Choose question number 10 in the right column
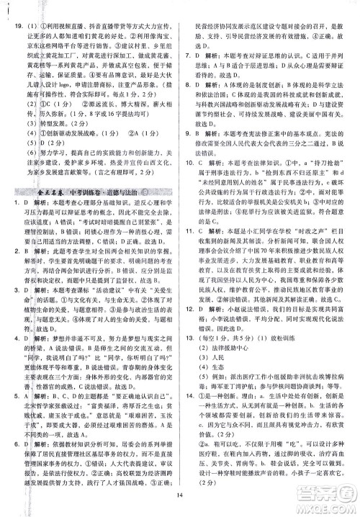click(x=189, y=163)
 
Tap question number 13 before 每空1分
click(x=189, y=359)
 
